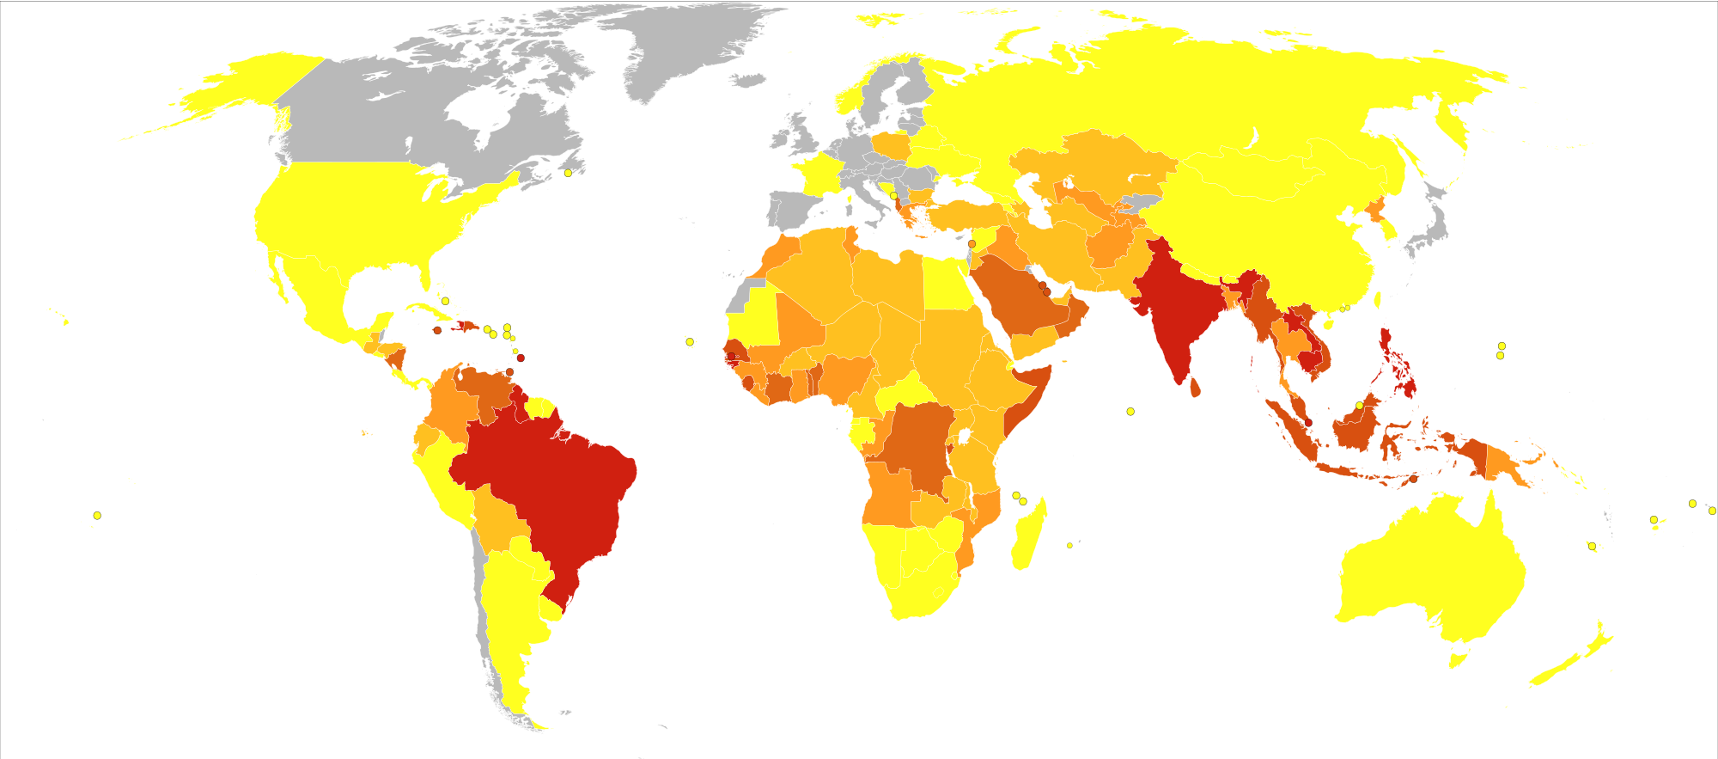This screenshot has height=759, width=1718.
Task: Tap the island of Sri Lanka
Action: tap(1195, 389)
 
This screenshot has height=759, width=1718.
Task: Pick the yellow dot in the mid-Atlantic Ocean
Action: tap(690, 342)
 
